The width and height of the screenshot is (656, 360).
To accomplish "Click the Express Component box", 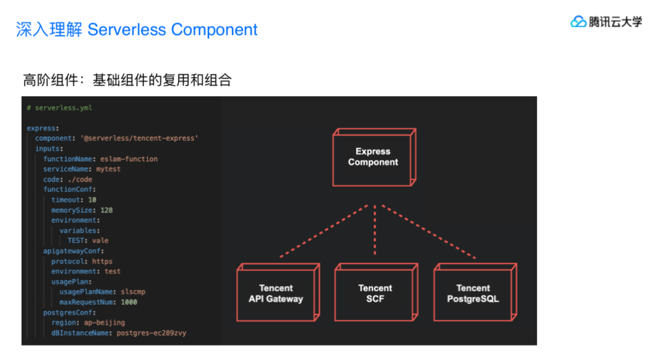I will coord(373,158).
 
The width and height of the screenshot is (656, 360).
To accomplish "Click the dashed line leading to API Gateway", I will coord(324,231).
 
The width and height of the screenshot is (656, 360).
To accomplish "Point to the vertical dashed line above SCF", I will coord(375,229).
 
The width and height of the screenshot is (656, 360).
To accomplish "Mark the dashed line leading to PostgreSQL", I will coord(428,231).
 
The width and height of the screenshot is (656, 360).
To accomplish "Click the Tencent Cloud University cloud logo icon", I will coord(578,21).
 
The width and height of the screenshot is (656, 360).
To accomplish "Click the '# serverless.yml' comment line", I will coord(60,108).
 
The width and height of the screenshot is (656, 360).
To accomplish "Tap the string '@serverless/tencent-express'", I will coord(139,138).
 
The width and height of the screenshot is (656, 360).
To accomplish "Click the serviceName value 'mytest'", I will coord(108,169).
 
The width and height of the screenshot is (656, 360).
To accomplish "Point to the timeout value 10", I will coord(92,200).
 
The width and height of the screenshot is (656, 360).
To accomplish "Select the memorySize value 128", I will coord(107,210).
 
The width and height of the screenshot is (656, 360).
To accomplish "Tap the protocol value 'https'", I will coord(102,261).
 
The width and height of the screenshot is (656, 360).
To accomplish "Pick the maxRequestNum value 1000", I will coord(129,302).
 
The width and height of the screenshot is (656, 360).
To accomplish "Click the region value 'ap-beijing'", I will coord(104,323).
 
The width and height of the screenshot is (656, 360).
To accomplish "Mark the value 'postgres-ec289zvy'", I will coord(151,333).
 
